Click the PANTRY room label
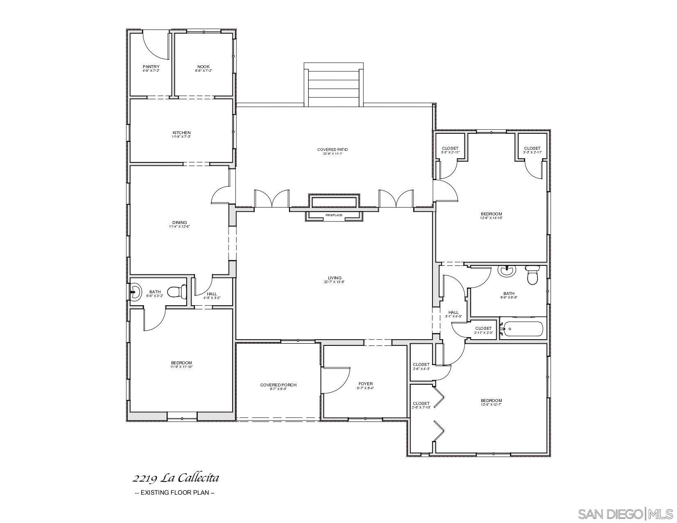[x=151, y=67]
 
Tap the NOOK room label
[x=204, y=67]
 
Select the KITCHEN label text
[x=181, y=133]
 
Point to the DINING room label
[x=180, y=223]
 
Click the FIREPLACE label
[x=334, y=215]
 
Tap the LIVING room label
[x=335, y=278]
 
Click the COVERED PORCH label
[x=278, y=385]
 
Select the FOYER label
[x=366, y=384]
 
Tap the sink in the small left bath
[x=135, y=292]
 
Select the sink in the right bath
[x=506, y=270]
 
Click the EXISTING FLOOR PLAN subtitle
[x=175, y=492]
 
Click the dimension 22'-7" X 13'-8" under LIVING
[x=335, y=282]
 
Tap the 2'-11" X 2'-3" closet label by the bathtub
[x=483, y=333]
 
